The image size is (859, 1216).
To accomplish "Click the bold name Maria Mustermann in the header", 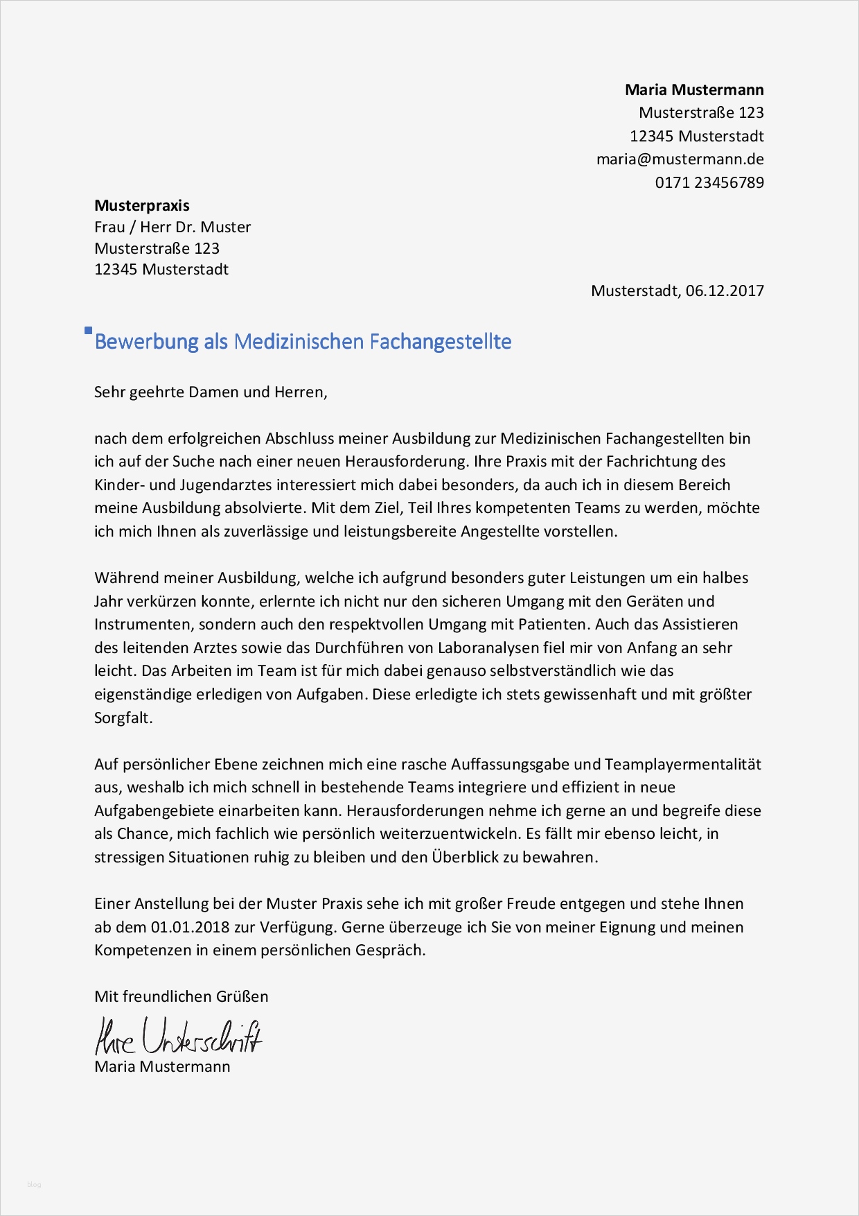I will click(x=694, y=89).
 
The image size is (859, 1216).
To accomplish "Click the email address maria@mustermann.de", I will click(x=680, y=159).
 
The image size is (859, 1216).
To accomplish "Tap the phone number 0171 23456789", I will click(x=709, y=182).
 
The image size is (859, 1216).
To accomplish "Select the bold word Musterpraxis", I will click(x=142, y=205).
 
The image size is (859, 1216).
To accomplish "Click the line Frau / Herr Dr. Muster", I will click(x=172, y=227).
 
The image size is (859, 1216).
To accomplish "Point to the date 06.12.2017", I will click(x=725, y=290).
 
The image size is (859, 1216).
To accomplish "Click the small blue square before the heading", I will click(x=88, y=331).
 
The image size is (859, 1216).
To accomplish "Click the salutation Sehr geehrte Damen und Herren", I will click(x=211, y=392).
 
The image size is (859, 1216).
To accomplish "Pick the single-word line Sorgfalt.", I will click(x=123, y=718).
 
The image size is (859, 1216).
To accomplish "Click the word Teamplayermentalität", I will click(x=682, y=764).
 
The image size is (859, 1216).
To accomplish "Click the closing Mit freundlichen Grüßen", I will click(x=181, y=996).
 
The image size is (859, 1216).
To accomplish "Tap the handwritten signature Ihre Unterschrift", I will click(x=178, y=1036).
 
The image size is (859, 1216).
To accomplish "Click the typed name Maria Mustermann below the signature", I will click(x=162, y=1066).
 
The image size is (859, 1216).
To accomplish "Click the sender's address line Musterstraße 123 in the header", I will click(x=701, y=112).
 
